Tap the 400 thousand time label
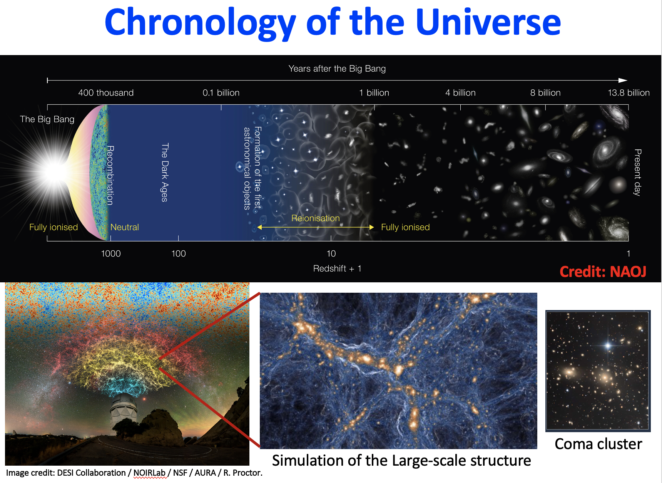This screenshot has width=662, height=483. [x=106, y=93]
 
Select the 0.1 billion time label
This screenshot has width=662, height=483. [x=221, y=93]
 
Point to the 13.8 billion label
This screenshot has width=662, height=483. [x=629, y=93]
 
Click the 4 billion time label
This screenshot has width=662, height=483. [x=460, y=93]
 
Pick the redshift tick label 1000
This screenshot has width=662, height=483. [x=111, y=253]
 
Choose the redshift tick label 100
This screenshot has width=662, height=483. [x=179, y=253]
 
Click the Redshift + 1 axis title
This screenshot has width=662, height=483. [x=337, y=268]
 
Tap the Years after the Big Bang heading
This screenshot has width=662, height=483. [x=337, y=69]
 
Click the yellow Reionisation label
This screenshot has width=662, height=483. [x=316, y=218]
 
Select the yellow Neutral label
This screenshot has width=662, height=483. [x=125, y=227]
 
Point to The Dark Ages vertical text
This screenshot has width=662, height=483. [x=165, y=173]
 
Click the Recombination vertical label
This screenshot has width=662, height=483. [x=110, y=175]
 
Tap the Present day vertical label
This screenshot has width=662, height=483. [x=638, y=173]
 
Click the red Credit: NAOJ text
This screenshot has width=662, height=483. [x=603, y=272]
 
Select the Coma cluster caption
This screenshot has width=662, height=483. [x=598, y=444]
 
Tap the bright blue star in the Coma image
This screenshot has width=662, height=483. [x=608, y=345]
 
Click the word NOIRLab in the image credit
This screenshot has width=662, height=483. [x=149, y=473]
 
